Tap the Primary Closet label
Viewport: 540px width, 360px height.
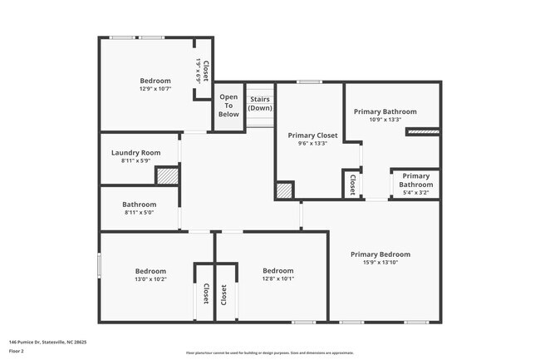[312, 135]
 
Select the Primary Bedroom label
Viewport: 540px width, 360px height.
[380, 254]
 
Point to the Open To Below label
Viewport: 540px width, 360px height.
[228, 106]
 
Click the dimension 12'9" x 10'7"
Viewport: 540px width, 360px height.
[155, 88]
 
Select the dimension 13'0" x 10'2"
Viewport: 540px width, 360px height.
[150, 279]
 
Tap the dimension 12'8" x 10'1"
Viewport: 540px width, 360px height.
[277, 279]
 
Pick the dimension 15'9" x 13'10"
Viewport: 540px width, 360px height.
[380, 263]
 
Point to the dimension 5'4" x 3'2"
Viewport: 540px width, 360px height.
[416, 192]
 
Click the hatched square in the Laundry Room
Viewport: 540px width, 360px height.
[168, 176]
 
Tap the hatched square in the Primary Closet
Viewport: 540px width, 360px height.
[285, 190]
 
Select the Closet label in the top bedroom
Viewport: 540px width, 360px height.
[204, 69]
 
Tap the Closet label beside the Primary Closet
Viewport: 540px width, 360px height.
[352, 184]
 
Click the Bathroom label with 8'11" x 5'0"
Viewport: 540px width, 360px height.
[139, 205]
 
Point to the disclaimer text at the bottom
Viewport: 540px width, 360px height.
[269, 353]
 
